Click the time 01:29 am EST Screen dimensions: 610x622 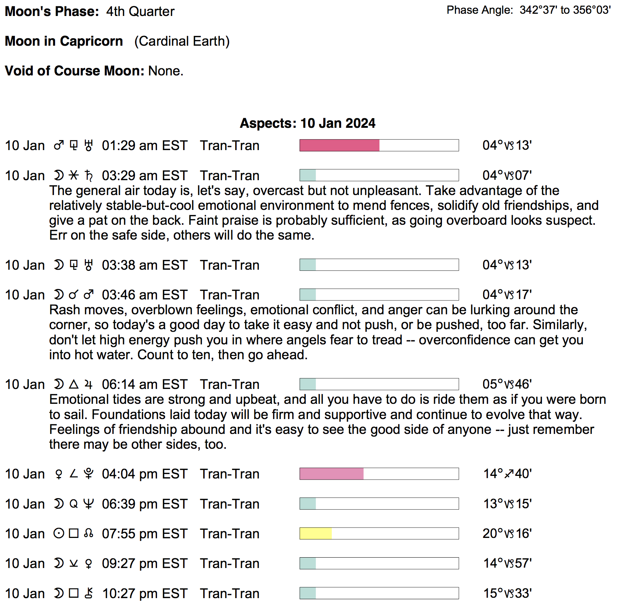(144, 146)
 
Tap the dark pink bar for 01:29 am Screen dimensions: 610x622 (339, 145)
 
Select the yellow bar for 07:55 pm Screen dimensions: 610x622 (316, 533)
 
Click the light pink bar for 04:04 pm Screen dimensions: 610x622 (331, 474)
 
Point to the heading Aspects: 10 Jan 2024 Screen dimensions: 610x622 (307, 123)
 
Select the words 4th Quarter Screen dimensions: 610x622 (140, 12)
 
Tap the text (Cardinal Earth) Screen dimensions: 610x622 (182, 41)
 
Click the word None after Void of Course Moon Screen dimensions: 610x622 (166, 71)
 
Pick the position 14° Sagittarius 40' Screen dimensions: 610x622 (507, 474)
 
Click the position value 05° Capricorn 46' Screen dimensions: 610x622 (507, 384)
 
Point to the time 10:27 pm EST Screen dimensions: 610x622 (144, 594)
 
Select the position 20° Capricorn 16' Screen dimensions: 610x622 (507, 533)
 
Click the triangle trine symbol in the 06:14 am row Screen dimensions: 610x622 (74, 384)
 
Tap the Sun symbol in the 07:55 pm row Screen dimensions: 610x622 (59, 533)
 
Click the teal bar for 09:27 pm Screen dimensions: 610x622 (308, 563)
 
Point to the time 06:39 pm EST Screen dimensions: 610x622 (144, 504)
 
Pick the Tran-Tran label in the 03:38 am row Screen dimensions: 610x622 (230, 265)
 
